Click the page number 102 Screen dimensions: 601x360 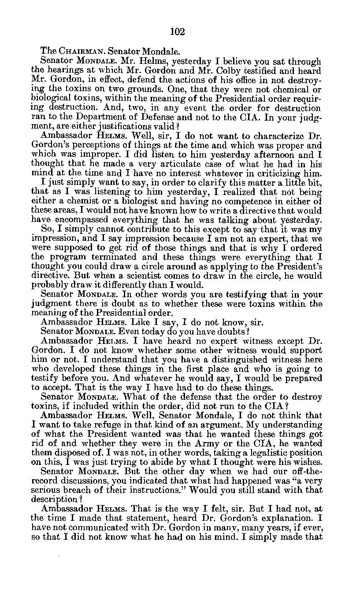click(x=177, y=31)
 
